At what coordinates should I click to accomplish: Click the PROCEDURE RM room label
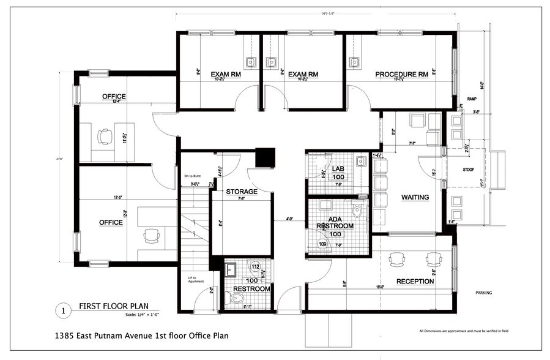(401, 75)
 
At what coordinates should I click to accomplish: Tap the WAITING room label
(415, 197)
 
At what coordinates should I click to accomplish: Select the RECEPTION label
(415, 282)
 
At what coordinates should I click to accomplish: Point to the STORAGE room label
(241, 192)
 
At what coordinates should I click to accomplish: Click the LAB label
(338, 168)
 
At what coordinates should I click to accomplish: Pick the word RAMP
(472, 99)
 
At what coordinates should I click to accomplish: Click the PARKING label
(483, 293)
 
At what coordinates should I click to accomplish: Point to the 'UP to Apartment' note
(196, 280)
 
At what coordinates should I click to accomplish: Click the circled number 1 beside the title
(62, 311)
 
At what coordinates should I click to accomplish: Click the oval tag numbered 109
(322, 244)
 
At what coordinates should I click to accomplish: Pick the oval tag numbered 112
(256, 266)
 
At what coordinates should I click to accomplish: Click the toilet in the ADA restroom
(359, 212)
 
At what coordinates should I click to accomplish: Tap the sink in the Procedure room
(354, 62)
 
